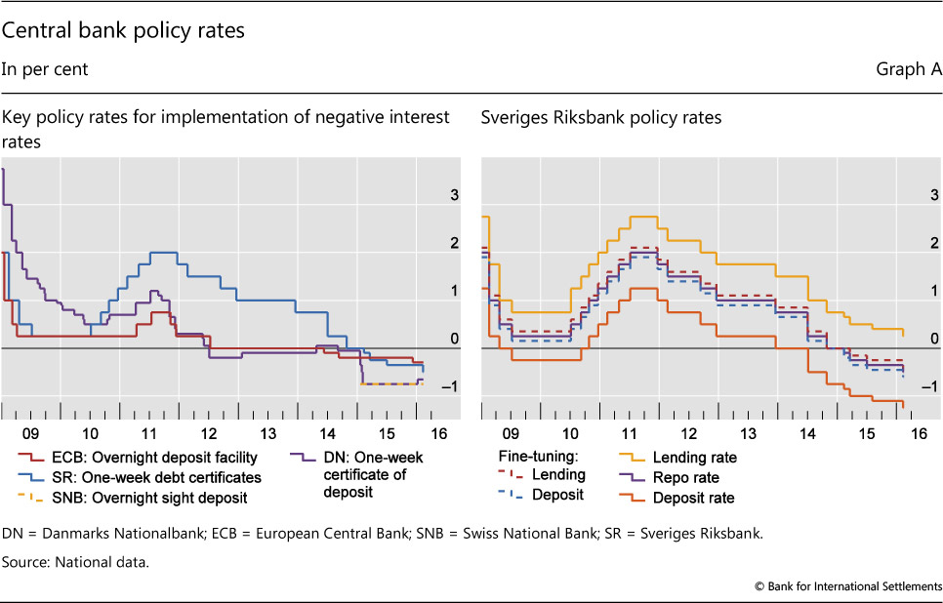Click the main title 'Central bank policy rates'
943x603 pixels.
pyautogui.click(x=123, y=30)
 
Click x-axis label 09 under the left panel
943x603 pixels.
pyautogui.click(x=31, y=432)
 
